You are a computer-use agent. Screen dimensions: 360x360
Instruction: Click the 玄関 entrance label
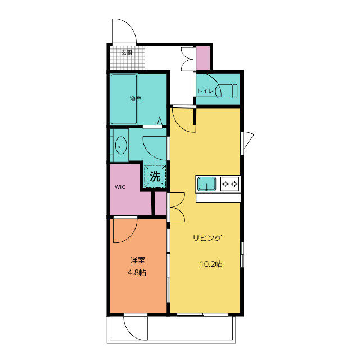[127, 52]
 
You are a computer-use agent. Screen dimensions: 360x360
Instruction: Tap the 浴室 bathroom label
[135, 99]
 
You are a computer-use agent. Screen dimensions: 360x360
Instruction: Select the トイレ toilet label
[205, 91]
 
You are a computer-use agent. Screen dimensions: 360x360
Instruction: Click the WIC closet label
[120, 187]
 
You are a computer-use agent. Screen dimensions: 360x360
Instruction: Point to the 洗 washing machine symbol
[155, 176]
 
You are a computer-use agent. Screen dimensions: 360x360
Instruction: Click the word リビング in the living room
[208, 238]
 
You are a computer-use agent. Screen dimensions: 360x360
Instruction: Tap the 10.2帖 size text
[211, 264]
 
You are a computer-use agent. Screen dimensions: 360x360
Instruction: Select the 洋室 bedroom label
[138, 260]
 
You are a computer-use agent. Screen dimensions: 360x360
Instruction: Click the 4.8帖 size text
[137, 272]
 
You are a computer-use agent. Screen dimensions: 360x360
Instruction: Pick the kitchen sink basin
[207, 184]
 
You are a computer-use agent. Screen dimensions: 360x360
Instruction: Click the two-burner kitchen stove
[230, 184]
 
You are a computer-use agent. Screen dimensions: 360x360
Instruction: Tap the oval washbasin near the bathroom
[121, 146]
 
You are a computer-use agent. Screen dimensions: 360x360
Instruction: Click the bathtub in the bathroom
[124, 99]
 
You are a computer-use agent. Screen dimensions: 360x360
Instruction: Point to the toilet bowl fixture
[227, 91]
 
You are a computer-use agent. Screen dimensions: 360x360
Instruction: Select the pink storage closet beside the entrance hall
[203, 58]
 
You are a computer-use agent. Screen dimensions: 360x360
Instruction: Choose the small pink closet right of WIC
[161, 204]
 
